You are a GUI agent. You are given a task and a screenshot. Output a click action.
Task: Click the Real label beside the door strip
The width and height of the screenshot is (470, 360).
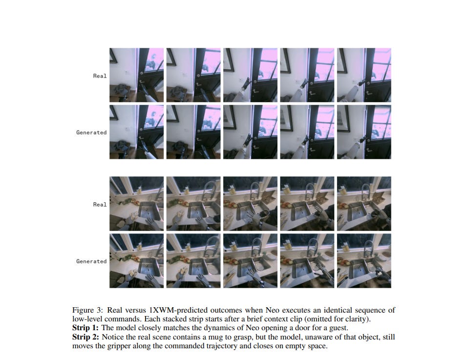coord(100,76)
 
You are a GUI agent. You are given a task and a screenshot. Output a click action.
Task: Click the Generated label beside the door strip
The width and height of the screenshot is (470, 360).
coord(91,132)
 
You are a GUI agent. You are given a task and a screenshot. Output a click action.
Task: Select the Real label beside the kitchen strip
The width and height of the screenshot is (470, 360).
coord(100,205)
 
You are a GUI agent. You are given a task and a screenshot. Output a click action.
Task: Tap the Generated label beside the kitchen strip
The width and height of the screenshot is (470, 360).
coord(91,261)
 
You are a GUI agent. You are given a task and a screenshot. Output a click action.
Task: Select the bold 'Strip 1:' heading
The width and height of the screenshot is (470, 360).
coord(85,328)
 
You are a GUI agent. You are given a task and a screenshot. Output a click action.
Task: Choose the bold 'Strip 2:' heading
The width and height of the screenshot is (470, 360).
coord(85,337)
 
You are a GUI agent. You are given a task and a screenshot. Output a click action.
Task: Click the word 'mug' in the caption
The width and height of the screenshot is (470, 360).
coord(212,338)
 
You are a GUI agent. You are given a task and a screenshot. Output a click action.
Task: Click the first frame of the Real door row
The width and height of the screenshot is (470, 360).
coord(137,75)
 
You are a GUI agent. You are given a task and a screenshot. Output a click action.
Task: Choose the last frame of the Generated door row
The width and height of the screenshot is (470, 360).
coord(364,132)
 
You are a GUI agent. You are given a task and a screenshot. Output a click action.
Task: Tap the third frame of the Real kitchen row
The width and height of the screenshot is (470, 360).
coord(250,204)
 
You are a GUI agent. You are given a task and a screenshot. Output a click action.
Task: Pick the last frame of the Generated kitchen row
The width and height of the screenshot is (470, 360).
coord(364,261)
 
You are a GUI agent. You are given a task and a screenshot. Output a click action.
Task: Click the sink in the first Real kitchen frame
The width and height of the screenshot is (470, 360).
coord(150,211)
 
